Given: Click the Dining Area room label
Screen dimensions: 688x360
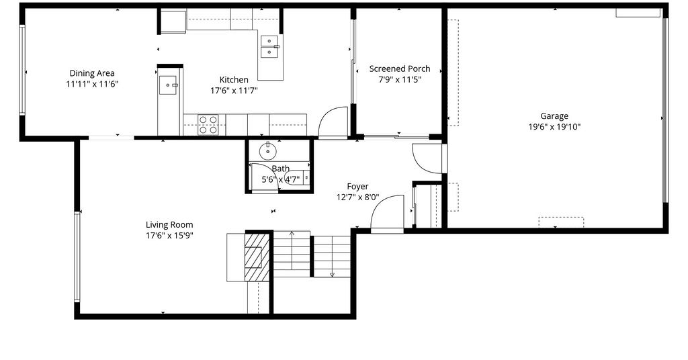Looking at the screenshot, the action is point(92,73).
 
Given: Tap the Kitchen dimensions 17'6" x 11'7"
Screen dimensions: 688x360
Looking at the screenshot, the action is point(234,91).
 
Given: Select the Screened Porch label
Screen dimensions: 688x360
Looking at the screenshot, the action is point(400,69).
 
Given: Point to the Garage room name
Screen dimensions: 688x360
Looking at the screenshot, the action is point(554,116).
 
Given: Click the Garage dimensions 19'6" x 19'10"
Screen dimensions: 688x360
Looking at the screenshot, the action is point(554,127).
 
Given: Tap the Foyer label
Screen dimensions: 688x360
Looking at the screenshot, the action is point(357,186).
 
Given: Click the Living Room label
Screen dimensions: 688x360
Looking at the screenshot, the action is point(169,225).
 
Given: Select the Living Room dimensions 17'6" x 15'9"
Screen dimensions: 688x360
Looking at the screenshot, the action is point(169,236).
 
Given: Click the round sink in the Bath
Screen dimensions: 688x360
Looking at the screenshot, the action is point(267,151).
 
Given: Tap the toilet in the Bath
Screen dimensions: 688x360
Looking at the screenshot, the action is point(299,177).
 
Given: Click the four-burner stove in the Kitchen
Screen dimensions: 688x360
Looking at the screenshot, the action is point(208,124).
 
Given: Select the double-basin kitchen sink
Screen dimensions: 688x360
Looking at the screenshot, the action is point(270,46).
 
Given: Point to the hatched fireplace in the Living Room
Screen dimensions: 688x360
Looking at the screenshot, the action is point(257,257).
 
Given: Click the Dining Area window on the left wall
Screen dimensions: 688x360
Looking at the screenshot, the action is point(21,71).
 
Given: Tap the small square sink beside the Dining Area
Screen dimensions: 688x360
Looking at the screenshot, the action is point(169,85).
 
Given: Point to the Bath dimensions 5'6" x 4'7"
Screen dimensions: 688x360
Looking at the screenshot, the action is point(281,179).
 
